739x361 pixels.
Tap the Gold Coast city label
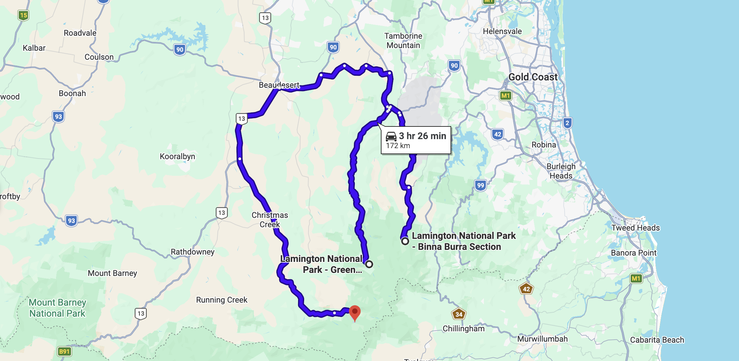(x=533, y=77)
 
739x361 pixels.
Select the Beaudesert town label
(x=279, y=85)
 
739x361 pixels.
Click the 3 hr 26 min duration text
(x=422, y=136)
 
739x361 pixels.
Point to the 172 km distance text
(x=398, y=146)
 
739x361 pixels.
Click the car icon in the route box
(x=391, y=136)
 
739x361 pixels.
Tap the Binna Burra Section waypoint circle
(x=405, y=241)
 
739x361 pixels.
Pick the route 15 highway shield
(x=23, y=15)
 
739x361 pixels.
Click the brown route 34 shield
(x=459, y=314)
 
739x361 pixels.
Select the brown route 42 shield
(x=526, y=289)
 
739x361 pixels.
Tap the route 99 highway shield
(x=480, y=185)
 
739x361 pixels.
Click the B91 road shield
(x=64, y=351)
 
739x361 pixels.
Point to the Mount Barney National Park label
(x=57, y=308)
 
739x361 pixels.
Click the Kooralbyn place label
(x=177, y=156)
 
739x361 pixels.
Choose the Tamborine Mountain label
(x=403, y=41)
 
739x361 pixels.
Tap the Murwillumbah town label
(x=542, y=339)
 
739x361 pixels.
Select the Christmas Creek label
(x=270, y=220)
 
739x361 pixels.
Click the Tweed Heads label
(x=635, y=228)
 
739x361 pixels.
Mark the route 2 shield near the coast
(x=567, y=123)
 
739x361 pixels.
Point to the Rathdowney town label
(x=192, y=252)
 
